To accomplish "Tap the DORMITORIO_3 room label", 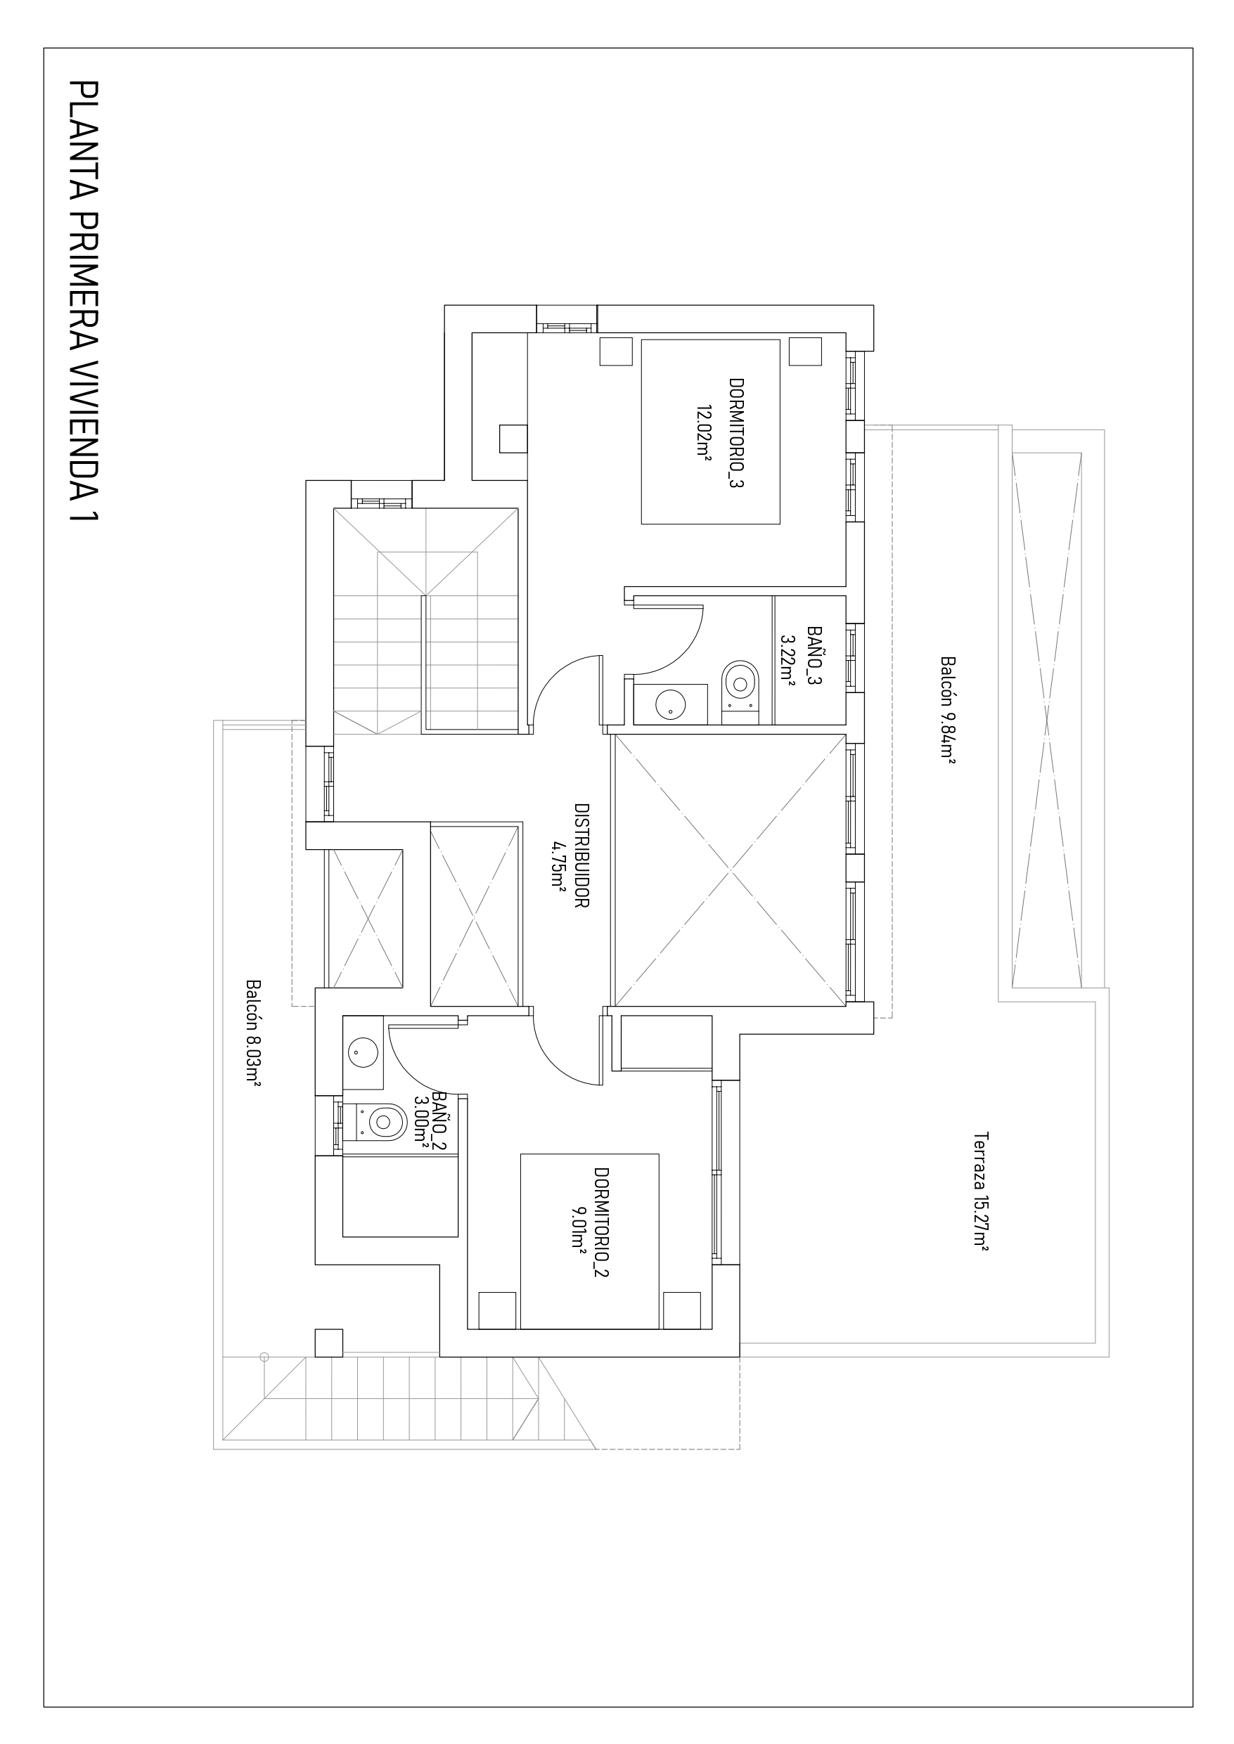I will click(x=735, y=433).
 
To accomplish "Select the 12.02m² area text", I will click(x=704, y=432).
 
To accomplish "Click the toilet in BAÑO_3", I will click(x=741, y=681).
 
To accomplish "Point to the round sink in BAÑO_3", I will click(x=670, y=704).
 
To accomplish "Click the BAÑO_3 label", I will click(x=814, y=657).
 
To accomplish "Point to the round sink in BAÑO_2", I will click(x=364, y=1053).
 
